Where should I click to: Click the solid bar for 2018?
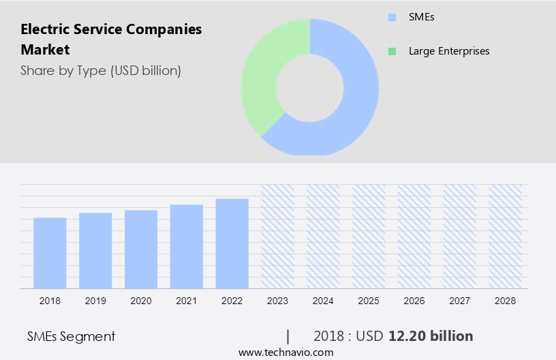coord(50,253)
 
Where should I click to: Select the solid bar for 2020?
coord(141,249)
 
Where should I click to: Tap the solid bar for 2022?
coord(232,243)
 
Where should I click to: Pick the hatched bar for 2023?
coord(277,236)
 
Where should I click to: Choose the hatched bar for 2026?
coord(414,236)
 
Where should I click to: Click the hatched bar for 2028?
coord(505,236)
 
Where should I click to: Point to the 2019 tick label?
coord(95,301)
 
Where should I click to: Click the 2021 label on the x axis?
coord(187,301)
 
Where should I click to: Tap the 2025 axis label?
coord(369,301)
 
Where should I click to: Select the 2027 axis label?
coord(460,301)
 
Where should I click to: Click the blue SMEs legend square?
coord(391,17)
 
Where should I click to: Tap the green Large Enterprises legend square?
coord(391,51)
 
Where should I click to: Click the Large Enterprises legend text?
coord(448,51)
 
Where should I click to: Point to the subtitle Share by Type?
coord(100,70)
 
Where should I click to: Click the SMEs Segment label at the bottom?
coord(71,336)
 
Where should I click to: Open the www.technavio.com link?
coord(285,352)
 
